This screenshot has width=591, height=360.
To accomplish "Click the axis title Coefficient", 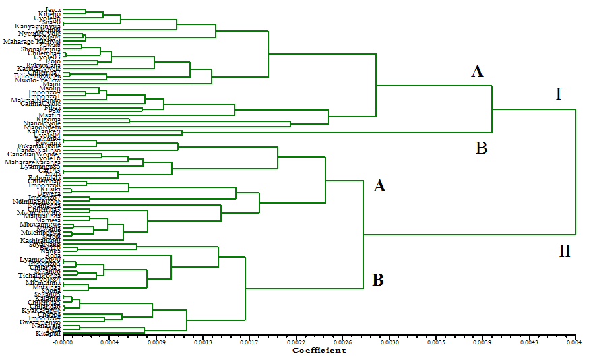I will pos(319,350).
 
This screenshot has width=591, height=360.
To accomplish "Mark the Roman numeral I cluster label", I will pos(558,94).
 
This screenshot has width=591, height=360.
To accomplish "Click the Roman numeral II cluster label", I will pos(565,251).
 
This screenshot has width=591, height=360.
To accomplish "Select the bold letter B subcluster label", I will pos(378,280).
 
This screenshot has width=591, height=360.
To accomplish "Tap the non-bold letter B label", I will pos(481,148).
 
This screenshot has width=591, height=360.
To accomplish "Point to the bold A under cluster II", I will pos(379,186).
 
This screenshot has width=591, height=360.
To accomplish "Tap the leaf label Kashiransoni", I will pos(40,240).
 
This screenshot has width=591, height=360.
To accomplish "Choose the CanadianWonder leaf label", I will pos(36,154).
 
